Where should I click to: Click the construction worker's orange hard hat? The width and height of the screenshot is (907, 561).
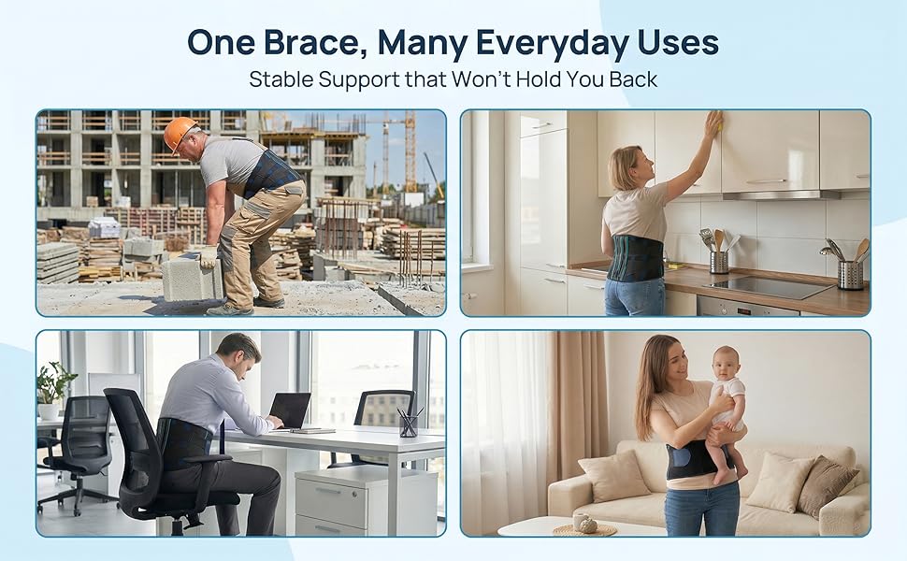pyautogui.click(x=180, y=132)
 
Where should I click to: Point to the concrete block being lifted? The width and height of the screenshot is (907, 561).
pyautogui.click(x=191, y=279)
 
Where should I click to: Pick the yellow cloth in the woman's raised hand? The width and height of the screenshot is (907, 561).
pyautogui.click(x=720, y=122)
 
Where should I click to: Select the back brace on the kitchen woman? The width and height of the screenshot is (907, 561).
pyautogui.click(x=635, y=258)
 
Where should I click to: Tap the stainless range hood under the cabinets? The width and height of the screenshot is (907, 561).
pyautogui.click(x=781, y=194)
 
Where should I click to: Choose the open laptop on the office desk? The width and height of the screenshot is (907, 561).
pyautogui.click(x=291, y=410)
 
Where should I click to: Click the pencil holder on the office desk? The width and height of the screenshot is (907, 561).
pyautogui.click(x=408, y=424)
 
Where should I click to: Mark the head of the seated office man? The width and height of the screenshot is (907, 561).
pyautogui.click(x=238, y=353)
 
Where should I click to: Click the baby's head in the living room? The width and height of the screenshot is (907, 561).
pyautogui.click(x=725, y=362)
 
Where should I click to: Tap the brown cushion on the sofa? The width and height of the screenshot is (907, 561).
pyautogui.click(x=828, y=484)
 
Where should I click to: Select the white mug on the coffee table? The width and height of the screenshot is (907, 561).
pyautogui.click(x=581, y=521)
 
